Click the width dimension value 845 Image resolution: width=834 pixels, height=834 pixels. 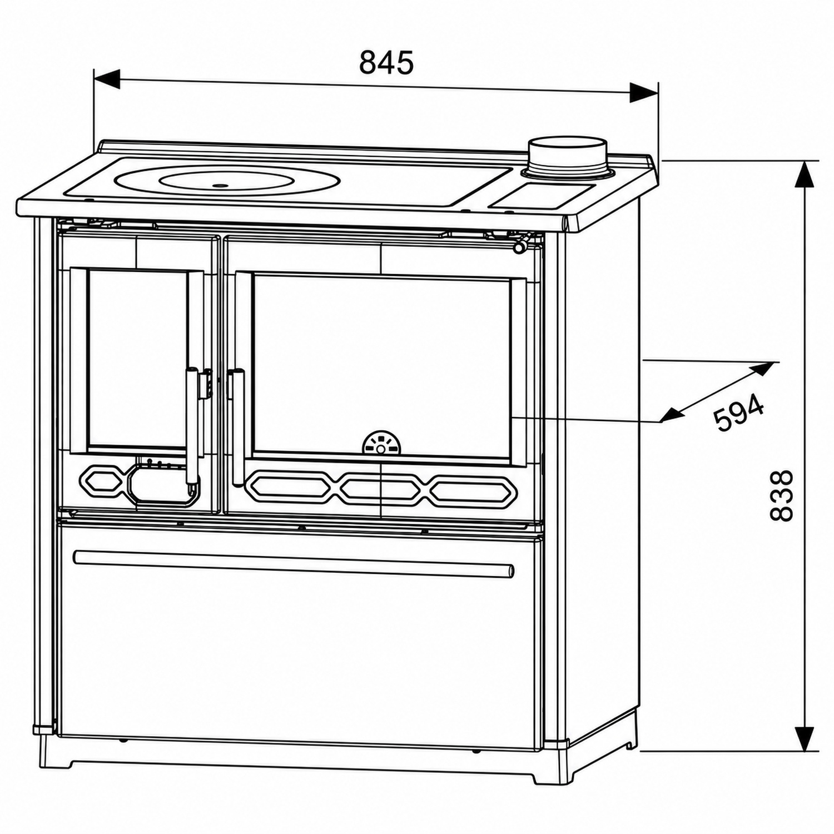pos(386,62)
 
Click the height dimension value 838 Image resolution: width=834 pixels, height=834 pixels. pos(782,495)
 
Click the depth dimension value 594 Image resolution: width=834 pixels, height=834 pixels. pos(738,413)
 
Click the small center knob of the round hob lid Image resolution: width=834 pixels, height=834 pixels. pos(220,185)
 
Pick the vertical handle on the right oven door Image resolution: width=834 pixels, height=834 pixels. pos(238,427)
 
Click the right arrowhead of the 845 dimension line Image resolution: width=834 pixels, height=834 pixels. pos(644,92)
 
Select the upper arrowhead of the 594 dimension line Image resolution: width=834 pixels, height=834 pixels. pos(761,369)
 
